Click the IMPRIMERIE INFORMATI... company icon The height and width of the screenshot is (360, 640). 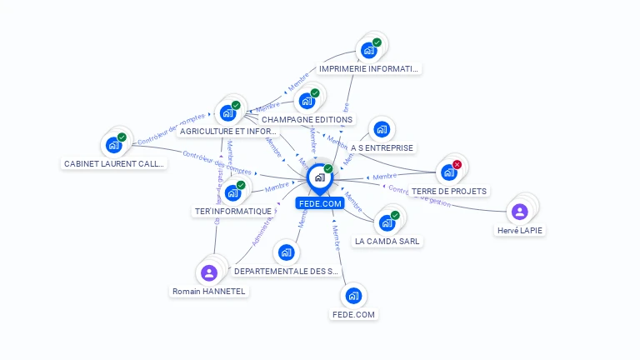tap(369, 51)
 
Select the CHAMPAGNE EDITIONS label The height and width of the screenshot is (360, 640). tap(307, 120)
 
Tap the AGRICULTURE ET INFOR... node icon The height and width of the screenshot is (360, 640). tap(228, 113)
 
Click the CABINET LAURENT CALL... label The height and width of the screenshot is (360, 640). tap(115, 164)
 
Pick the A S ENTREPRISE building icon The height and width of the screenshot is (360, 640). tap(382, 129)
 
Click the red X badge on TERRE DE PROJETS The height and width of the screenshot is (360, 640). tap(457, 165)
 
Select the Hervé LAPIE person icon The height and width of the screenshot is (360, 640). tap(520, 212)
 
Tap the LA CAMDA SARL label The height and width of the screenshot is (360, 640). tap(387, 241)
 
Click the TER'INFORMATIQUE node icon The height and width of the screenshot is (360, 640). tap(232, 193)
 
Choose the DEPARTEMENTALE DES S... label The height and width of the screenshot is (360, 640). tap(287, 272)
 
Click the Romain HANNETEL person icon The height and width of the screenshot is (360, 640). tap(209, 272)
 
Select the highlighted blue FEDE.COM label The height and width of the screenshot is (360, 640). tap(319, 202)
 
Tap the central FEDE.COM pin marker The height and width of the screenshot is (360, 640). tap(319, 177)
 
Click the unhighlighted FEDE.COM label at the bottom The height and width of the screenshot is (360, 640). tap(353, 315)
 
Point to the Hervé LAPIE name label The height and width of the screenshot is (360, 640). tap(520, 231)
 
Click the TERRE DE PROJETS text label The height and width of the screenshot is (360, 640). tap(449, 191)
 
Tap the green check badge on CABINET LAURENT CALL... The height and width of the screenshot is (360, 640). tap(122, 137)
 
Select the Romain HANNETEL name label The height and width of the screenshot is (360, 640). tap(209, 292)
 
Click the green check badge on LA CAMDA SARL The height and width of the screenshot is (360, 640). tap(395, 216)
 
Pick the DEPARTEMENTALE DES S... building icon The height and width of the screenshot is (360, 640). tap(287, 252)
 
